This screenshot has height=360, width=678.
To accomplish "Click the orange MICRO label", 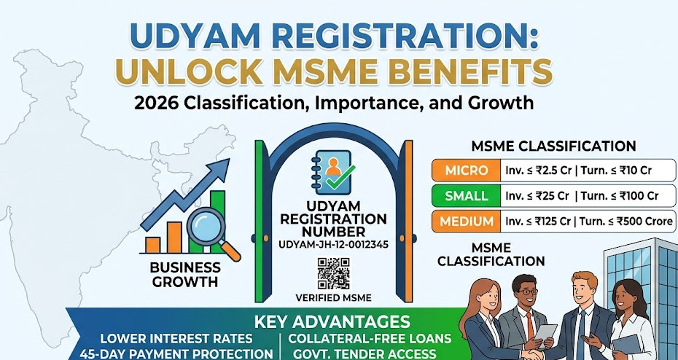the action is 466,171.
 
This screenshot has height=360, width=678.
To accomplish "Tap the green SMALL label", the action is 466,196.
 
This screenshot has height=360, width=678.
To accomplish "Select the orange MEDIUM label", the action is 466,222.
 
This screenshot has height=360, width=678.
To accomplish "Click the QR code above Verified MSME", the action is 333,273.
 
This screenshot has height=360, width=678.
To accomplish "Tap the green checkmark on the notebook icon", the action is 340,177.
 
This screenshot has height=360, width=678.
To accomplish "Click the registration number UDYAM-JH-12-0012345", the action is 333,245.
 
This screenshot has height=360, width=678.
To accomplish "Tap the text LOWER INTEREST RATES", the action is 176,338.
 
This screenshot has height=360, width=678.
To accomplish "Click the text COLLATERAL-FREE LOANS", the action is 370,338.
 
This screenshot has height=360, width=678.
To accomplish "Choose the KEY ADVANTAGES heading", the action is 332,322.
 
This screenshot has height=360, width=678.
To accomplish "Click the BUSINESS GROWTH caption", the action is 185,275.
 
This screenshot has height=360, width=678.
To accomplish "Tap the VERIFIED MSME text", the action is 333,298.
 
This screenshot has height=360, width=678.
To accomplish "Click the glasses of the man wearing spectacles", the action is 526,291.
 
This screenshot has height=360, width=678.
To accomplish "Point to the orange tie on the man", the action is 531,324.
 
